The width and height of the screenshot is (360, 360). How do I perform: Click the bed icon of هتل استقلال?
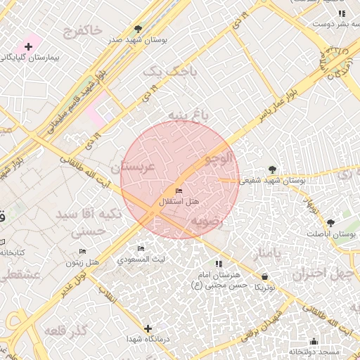[x=179, y=191]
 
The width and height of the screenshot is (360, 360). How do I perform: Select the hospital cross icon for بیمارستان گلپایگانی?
[x=28, y=46]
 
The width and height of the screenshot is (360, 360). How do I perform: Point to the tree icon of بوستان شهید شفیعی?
[x=272, y=169]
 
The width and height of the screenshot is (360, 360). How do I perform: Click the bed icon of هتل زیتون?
[x=83, y=251]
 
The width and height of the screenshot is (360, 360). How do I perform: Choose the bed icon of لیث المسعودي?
[x=141, y=248]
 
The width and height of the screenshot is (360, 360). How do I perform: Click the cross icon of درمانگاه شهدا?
[x=148, y=328]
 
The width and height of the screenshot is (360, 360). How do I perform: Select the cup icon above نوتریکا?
[x=264, y=277]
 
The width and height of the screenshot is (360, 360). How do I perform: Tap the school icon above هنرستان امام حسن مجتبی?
[x=218, y=264]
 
